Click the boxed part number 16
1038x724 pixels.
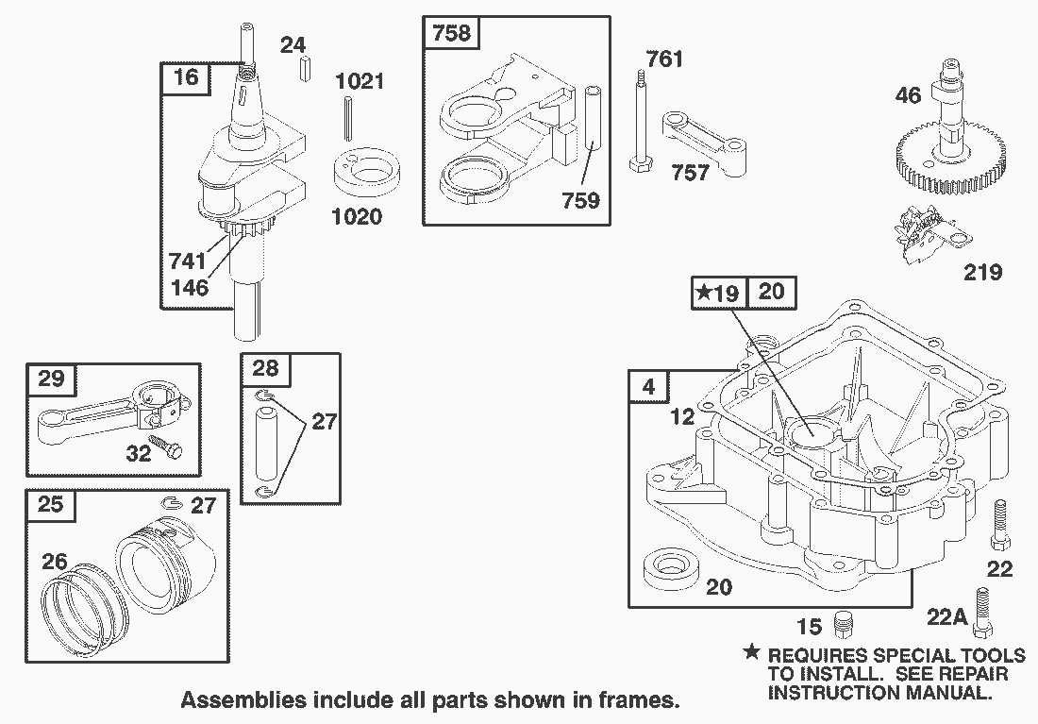click(x=186, y=76)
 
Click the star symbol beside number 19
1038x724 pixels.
click(x=704, y=294)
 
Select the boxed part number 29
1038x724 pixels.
click(x=51, y=379)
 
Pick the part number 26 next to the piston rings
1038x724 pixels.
click(x=55, y=563)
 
